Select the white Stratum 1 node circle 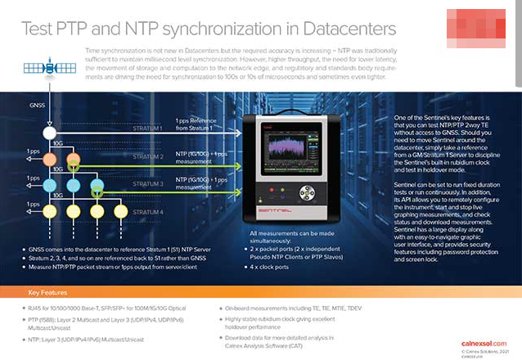[50, 132]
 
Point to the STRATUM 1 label [146, 128]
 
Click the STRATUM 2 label [146, 155]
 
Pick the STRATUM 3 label [146, 184]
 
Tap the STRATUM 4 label [146, 212]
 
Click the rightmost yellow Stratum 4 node [121, 212]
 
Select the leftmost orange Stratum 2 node [50, 159]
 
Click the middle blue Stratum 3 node [74, 186]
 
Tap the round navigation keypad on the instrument [307, 194]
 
